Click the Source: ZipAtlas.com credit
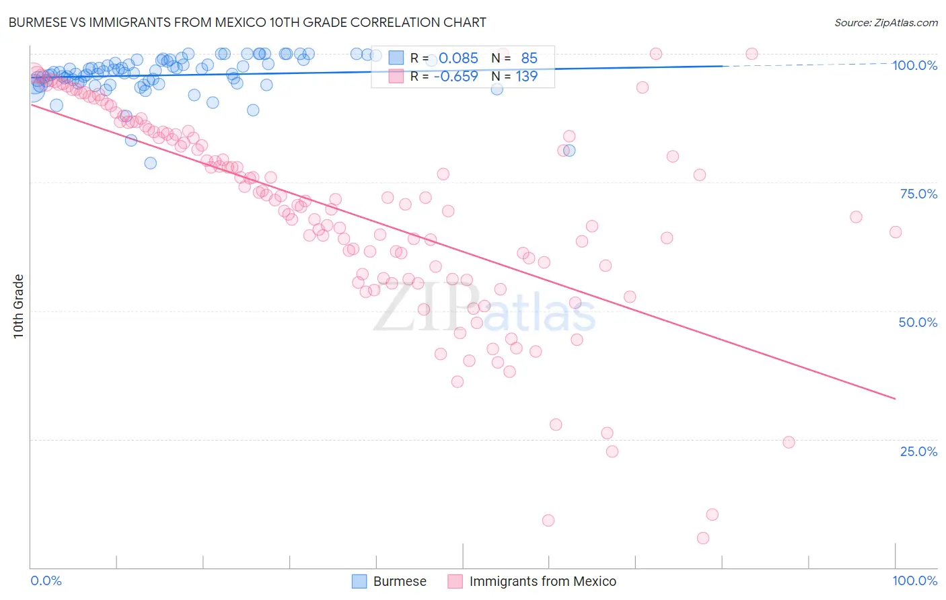click(x=885, y=22)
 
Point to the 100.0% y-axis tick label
click(x=914, y=65)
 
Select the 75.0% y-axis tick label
click(x=918, y=194)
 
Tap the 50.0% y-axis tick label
click(x=918, y=322)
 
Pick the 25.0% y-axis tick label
click(x=918, y=451)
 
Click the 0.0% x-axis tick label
click(x=46, y=581)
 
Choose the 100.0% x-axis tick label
click(x=914, y=581)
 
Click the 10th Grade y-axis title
click(x=19, y=306)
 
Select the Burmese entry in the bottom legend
click(x=399, y=582)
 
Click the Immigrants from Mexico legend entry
click(x=542, y=582)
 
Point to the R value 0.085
click(x=458, y=59)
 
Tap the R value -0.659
click(x=456, y=77)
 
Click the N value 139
click(x=526, y=77)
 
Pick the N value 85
click(x=529, y=59)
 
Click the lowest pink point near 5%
click(x=703, y=538)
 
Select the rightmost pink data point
click(x=896, y=232)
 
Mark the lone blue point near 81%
click(x=569, y=151)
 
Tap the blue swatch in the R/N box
click(x=396, y=59)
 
